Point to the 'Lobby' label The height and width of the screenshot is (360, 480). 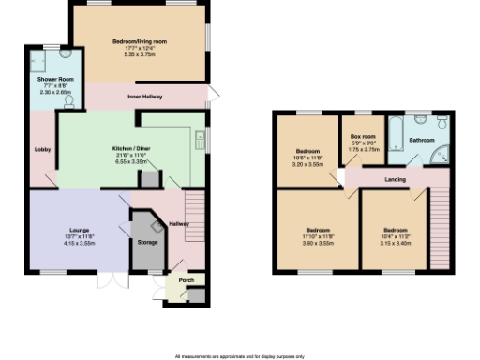(42, 148)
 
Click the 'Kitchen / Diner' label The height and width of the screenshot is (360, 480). (127, 148)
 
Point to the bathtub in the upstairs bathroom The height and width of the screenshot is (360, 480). (397, 133)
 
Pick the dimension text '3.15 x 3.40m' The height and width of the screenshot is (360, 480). (395, 236)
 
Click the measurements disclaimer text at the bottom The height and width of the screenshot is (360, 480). (240, 356)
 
